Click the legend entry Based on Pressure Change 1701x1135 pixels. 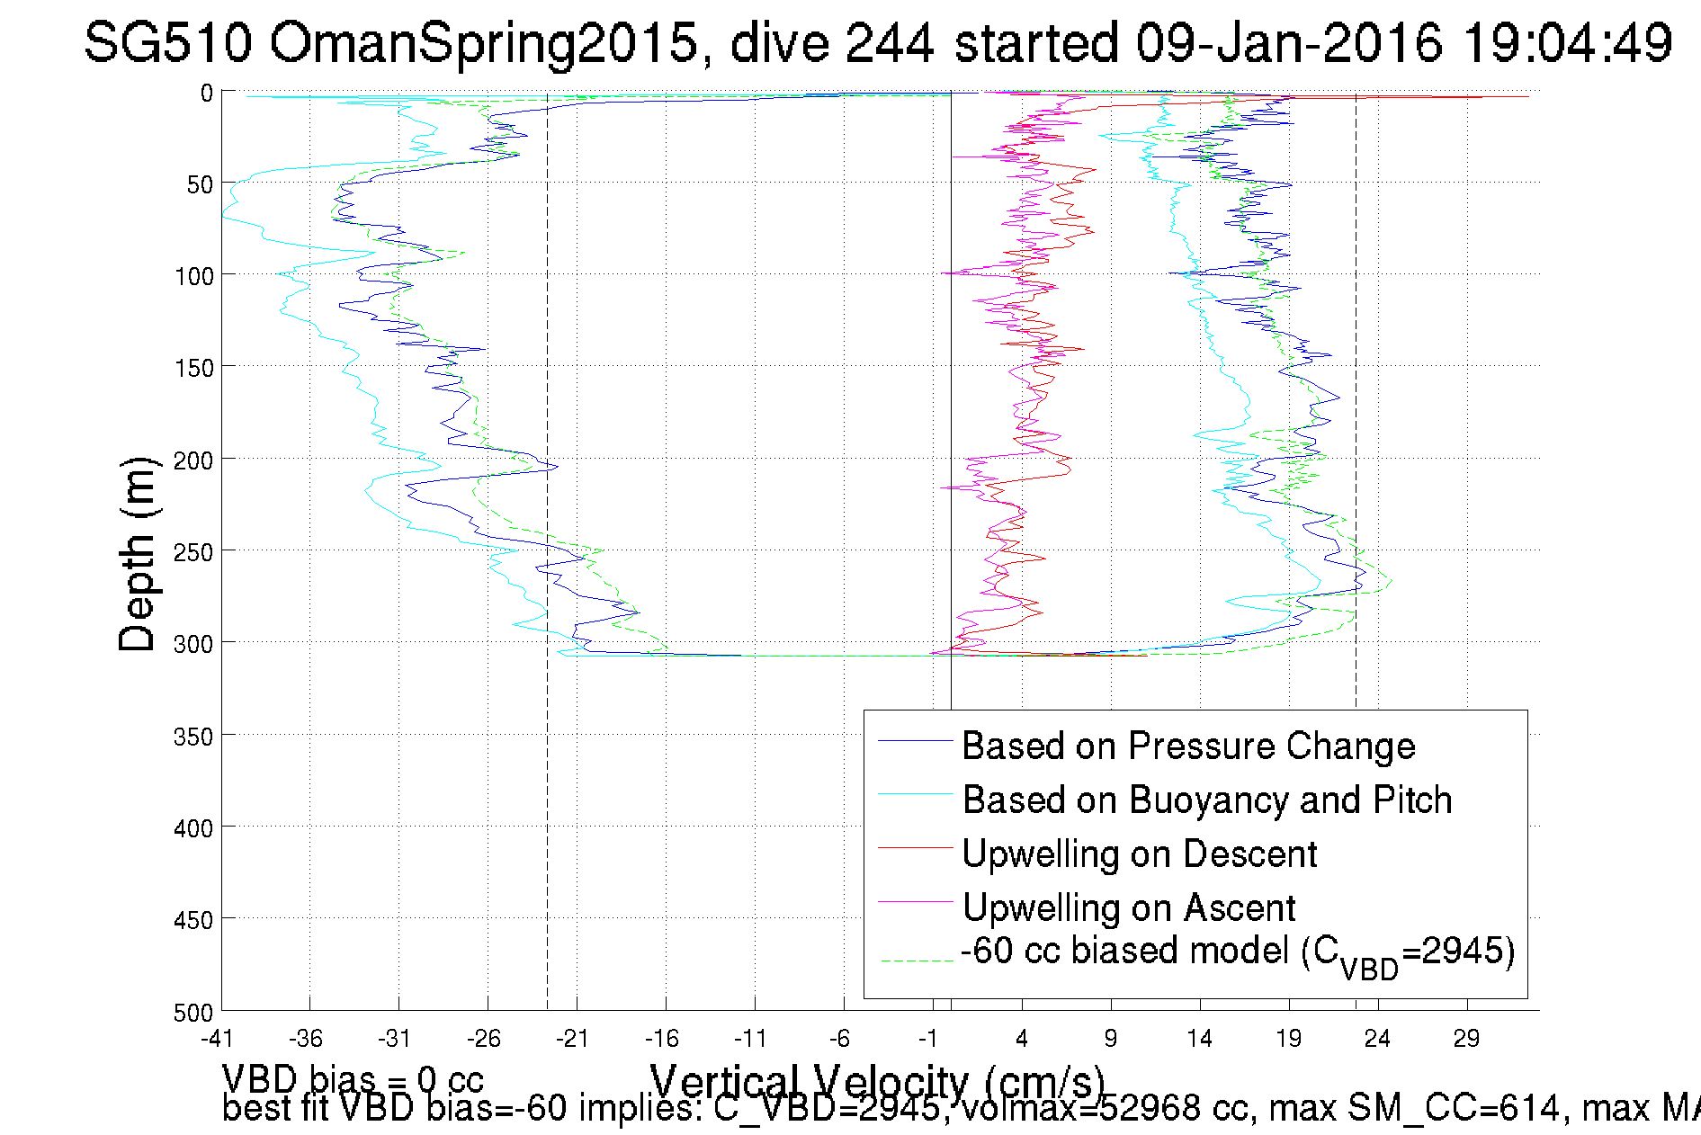click(x=1187, y=746)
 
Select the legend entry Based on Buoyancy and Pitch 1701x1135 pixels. click(x=1206, y=800)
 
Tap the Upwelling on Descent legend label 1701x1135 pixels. click(x=1139, y=854)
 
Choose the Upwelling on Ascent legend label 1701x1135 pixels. click(x=1128, y=908)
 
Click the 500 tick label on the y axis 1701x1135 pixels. click(x=193, y=1013)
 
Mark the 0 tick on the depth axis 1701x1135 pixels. click(x=207, y=93)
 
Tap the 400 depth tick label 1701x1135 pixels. click(x=193, y=828)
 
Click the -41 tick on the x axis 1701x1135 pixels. click(x=217, y=1039)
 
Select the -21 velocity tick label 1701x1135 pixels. click(x=572, y=1039)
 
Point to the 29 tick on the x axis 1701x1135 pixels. click(x=1466, y=1039)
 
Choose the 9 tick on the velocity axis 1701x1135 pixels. click(x=1110, y=1039)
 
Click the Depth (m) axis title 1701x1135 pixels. click(x=138, y=553)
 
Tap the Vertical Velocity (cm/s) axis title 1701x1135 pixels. click(x=877, y=1079)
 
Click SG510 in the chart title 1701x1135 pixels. click(x=168, y=42)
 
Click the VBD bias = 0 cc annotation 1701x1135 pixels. click(x=353, y=1078)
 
